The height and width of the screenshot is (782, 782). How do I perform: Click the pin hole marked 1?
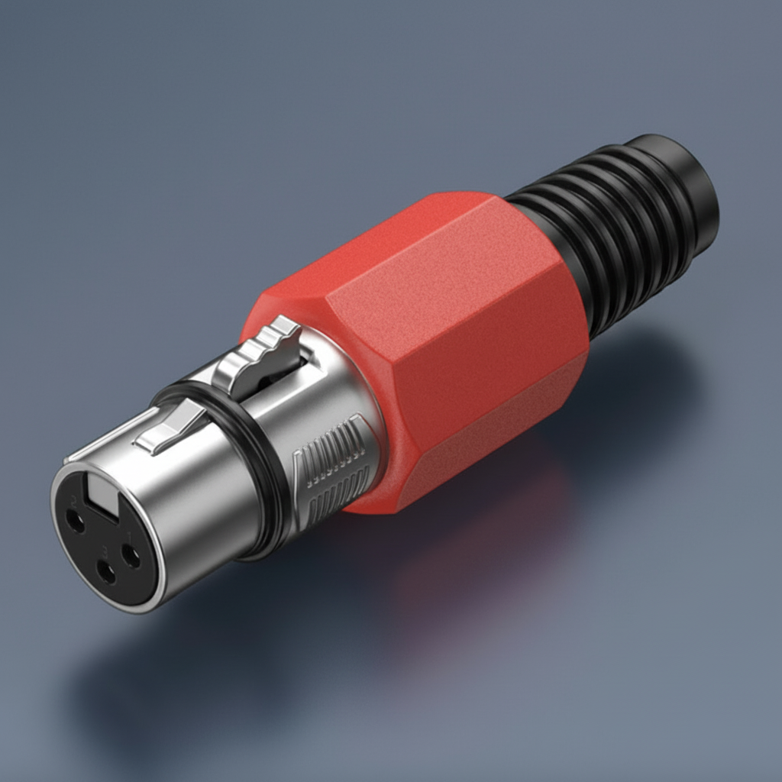coord(131,556)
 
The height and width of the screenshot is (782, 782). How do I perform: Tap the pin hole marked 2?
coord(75,522)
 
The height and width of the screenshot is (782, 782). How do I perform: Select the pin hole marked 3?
coord(105,571)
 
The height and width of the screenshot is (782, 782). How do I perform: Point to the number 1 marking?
coord(129,535)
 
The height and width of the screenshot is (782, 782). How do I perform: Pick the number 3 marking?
coord(102,551)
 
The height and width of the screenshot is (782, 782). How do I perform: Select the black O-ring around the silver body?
coord(267,473)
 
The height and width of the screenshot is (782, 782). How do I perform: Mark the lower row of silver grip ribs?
coord(336,489)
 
